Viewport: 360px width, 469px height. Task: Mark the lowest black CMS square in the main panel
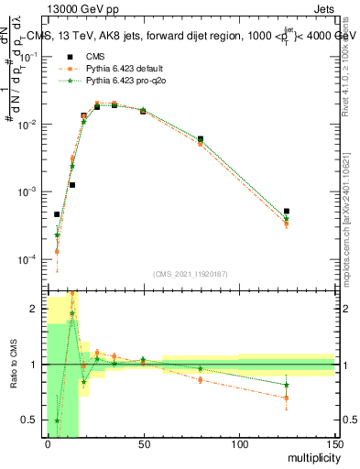[57, 214]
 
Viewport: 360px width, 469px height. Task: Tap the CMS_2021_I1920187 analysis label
[191, 275]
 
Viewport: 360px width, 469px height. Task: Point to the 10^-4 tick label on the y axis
[28, 259]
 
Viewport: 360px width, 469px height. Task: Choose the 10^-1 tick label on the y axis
[28, 56]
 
